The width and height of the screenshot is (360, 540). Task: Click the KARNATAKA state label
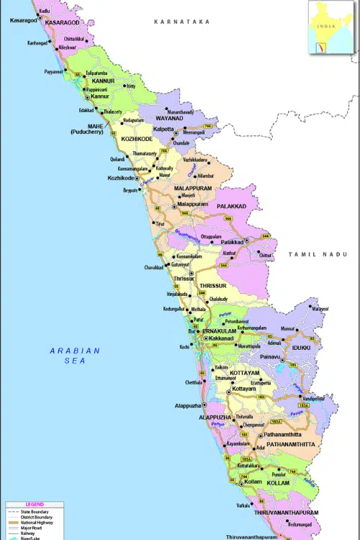[x=181, y=22]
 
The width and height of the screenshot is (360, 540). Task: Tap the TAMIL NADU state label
[x=318, y=254]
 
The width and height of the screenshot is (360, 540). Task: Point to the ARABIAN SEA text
[x=75, y=355]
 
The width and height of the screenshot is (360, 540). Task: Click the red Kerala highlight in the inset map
[x=321, y=47]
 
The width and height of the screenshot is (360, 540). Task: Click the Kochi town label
[x=184, y=347]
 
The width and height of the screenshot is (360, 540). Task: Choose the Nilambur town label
[x=205, y=175]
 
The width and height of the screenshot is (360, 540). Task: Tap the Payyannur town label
[x=54, y=72]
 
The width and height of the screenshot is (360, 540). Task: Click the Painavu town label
[x=271, y=356]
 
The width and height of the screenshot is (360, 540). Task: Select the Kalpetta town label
[x=163, y=130]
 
